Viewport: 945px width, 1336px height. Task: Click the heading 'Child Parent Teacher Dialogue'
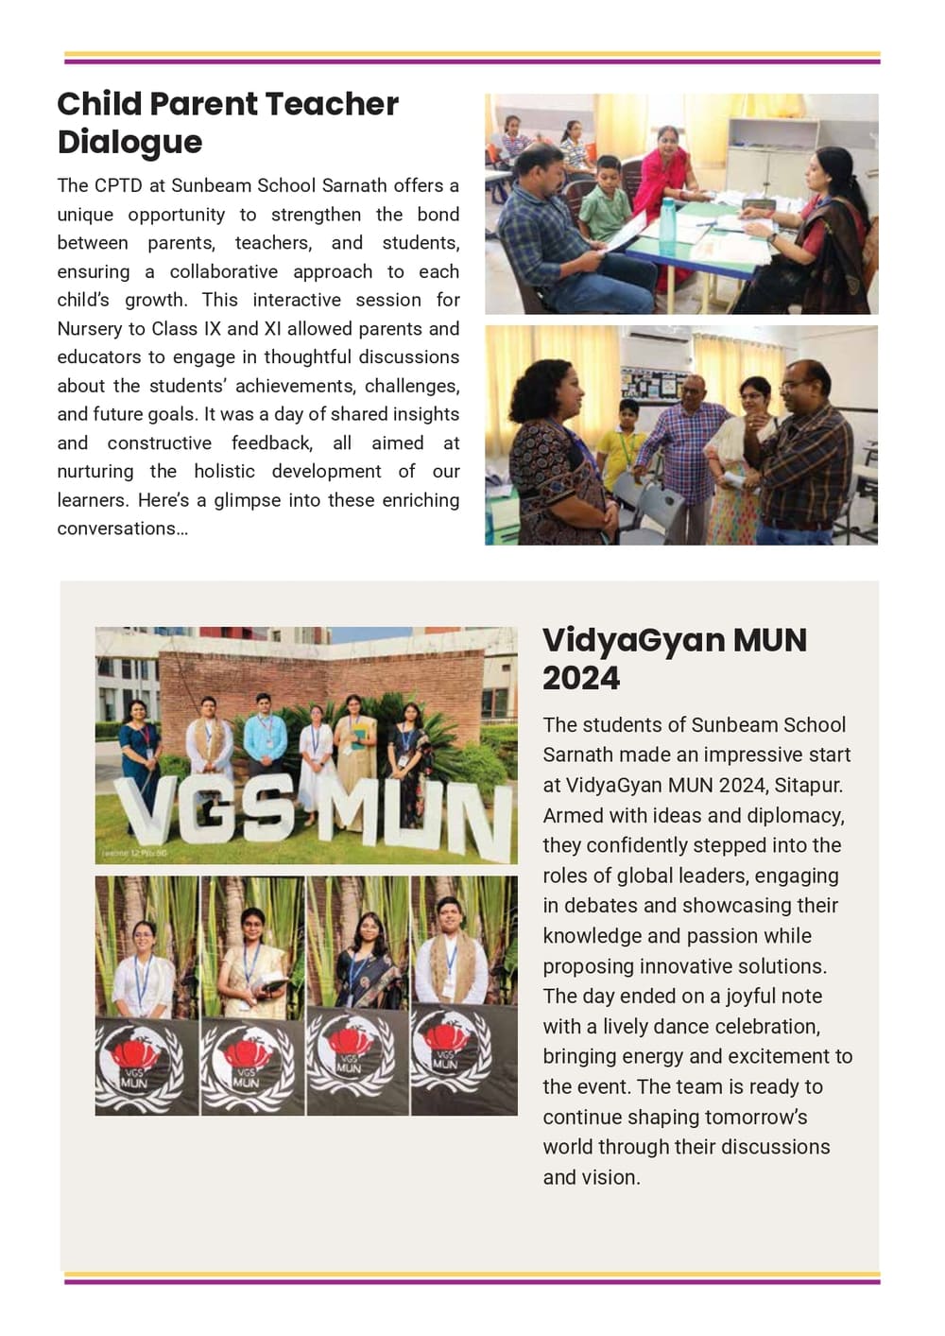click(x=228, y=122)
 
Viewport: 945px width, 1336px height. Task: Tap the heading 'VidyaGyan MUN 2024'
click(x=675, y=658)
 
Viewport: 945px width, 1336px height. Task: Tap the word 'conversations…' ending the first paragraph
click(x=123, y=529)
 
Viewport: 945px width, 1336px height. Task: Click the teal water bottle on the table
click(x=667, y=220)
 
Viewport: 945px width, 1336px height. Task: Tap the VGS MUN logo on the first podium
click(x=138, y=1064)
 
